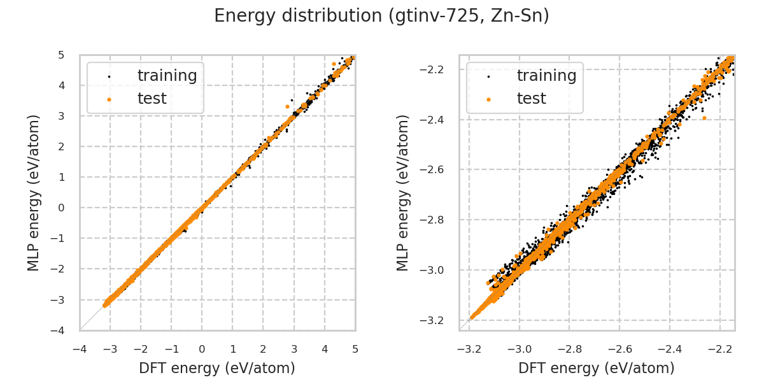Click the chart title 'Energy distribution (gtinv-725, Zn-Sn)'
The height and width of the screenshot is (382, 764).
click(381, 16)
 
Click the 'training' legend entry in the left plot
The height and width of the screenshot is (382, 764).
click(167, 76)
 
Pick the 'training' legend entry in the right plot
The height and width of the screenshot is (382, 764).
click(546, 76)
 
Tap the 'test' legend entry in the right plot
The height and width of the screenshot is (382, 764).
click(531, 99)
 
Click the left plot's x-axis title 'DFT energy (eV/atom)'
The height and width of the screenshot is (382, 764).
click(217, 368)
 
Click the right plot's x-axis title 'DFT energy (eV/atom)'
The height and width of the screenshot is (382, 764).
click(597, 368)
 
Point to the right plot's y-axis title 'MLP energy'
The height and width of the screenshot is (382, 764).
click(403, 192)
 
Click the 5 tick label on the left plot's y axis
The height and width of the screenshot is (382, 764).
click(60, 55)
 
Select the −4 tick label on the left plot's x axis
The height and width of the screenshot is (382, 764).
click(80, 349)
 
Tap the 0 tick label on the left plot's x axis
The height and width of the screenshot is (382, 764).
click(202, 349)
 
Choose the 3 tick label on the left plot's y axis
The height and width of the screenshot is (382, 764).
click(60, 116)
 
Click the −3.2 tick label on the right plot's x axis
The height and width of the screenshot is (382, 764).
click(469, 349)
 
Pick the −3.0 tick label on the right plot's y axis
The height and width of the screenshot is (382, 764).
click(438, 270)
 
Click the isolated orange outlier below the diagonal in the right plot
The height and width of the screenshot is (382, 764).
click(704, 118)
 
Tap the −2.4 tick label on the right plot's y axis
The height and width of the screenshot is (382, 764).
click(438, 119)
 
